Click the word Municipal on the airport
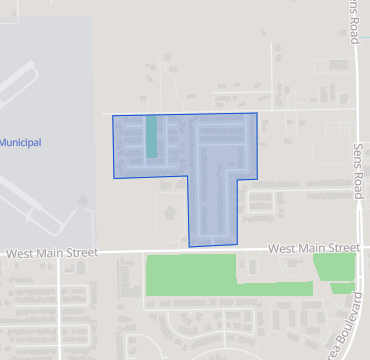(x=20, y=143)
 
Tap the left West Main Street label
(x=51, y=254)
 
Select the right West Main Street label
(x=313, y=247)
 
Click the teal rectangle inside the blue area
(x=152, y=137)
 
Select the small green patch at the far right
(x=334, y=267)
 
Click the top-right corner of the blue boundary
(x=257, y=113)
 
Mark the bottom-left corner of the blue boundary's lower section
(x=189, y=246)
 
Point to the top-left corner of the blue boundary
(x=112, y=116)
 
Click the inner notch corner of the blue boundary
(x=188, y=176)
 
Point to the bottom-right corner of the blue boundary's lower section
(x=236, y=243)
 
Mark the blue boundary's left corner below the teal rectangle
(x=114, y=178)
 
